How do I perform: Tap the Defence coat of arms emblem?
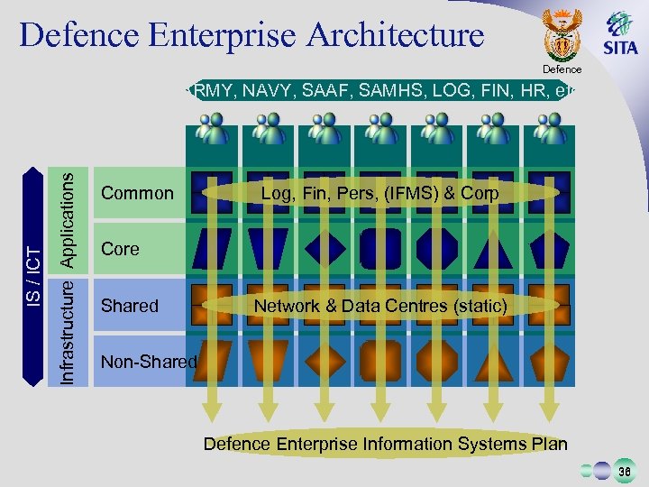563,37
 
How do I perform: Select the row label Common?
137,193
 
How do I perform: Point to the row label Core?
121,248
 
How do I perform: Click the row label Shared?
130,306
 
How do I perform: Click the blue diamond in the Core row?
325,248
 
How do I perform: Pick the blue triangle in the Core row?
494,249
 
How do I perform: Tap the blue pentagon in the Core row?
549,248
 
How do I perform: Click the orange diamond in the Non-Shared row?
325,361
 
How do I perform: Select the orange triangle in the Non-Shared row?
494,362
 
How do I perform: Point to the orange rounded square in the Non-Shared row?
381,361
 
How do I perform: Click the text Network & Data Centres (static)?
380,306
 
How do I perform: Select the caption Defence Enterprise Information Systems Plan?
386,444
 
